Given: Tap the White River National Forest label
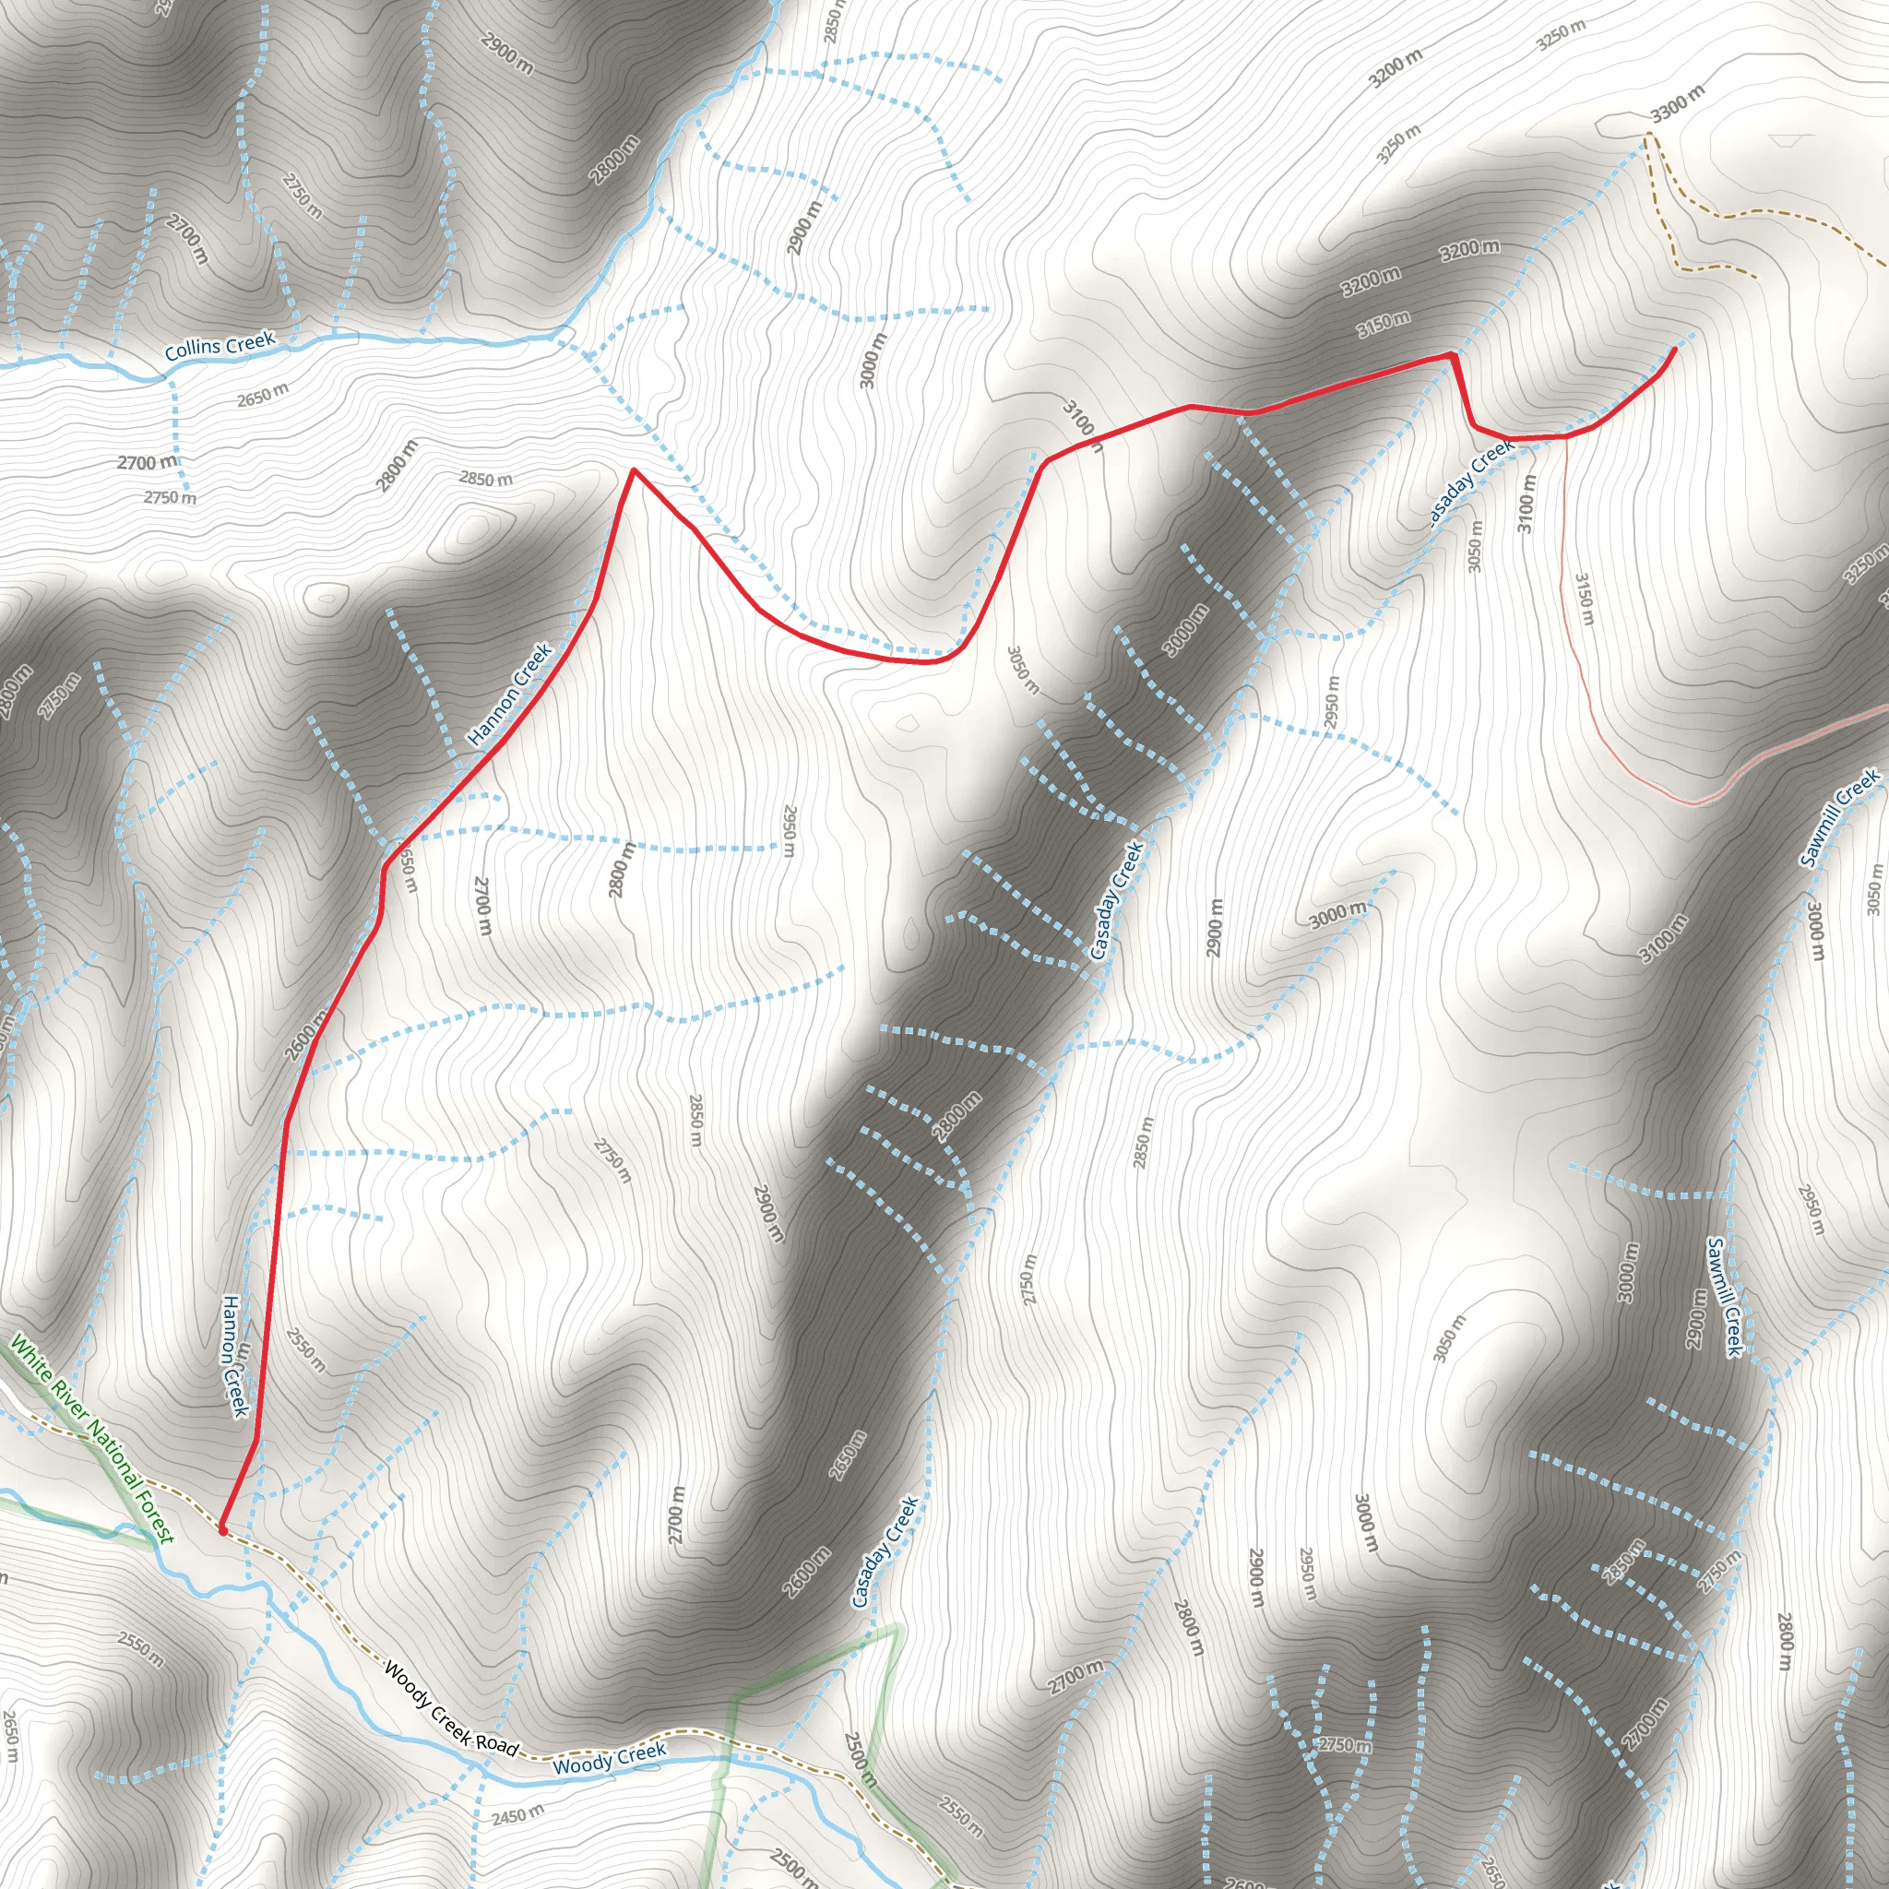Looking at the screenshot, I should pyautogui.click(x=91, y=1439).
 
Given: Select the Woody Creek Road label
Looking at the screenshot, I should pyautogui.click(x=451, y=1707).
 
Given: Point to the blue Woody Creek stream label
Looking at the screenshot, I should pyautogui.click(x=609, y=1757).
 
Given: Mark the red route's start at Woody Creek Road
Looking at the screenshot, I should pyautogui.click(x=223, y=1529).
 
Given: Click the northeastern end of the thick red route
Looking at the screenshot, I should pyautogui.click(x=1676, y=349).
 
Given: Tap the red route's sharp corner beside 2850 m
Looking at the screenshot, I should pyautogui.click(x=634, y=470).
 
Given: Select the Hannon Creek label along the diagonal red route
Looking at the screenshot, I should pyautogui.click(x=510, y=695).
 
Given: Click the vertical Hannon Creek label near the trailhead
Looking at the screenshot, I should pyautogui.click(x=233, y=1356).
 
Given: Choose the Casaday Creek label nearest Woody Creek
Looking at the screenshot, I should pyautogui.click(x=885, y=1551).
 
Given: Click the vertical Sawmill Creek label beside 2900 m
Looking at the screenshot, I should pyautogui.click(x=1725, y=1297).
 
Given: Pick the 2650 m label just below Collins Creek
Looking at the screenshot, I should pyautogui.click(x=263, y=394).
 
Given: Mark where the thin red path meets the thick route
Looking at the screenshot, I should pyautogui.click(x=1565, y=437).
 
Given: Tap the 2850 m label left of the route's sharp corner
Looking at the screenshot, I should pyautogui.click(x=486, y=479).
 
